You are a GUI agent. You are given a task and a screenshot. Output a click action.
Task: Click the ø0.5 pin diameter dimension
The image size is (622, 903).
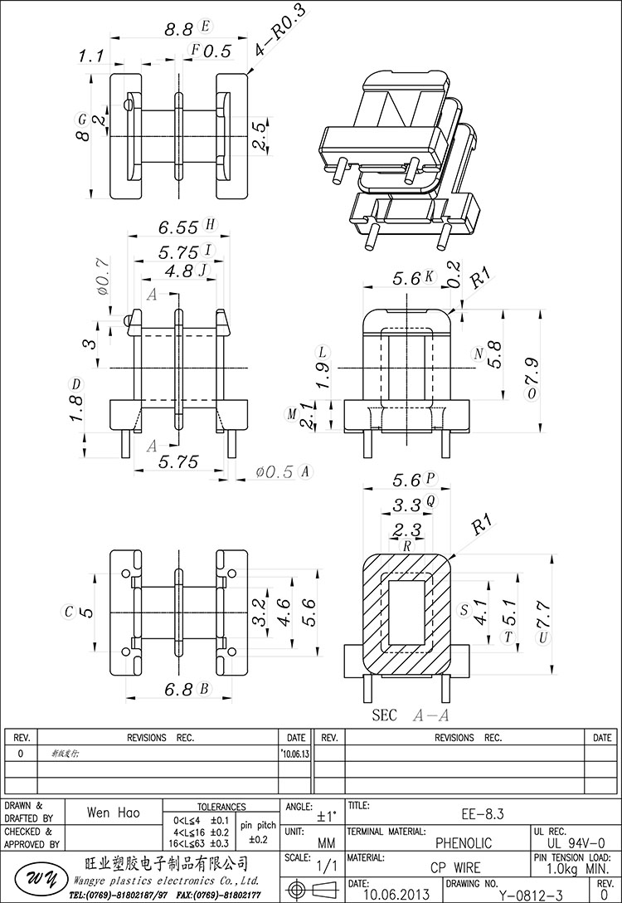pos(276,471)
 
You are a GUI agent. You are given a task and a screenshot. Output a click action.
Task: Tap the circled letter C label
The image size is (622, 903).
pos(70,612)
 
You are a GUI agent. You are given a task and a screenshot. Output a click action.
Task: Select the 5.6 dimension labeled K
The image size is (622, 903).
pos(408,279)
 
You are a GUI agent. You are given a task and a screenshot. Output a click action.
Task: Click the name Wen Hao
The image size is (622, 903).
pos(113,814)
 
